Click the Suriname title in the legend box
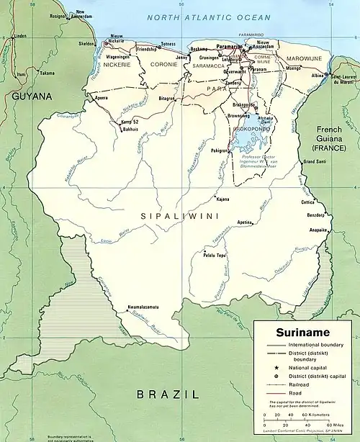[x=302, y=332]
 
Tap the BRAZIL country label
[x=167, y=394]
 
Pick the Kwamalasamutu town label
[x=143, y=307]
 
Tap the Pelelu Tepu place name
[x=214, y=256]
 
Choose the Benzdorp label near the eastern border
[x=318, y=215]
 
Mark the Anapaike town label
[x=318, y=230]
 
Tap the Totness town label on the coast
[x=167, y=44]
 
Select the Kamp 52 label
[x=130, y=122]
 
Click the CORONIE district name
[x=163, y=64]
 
